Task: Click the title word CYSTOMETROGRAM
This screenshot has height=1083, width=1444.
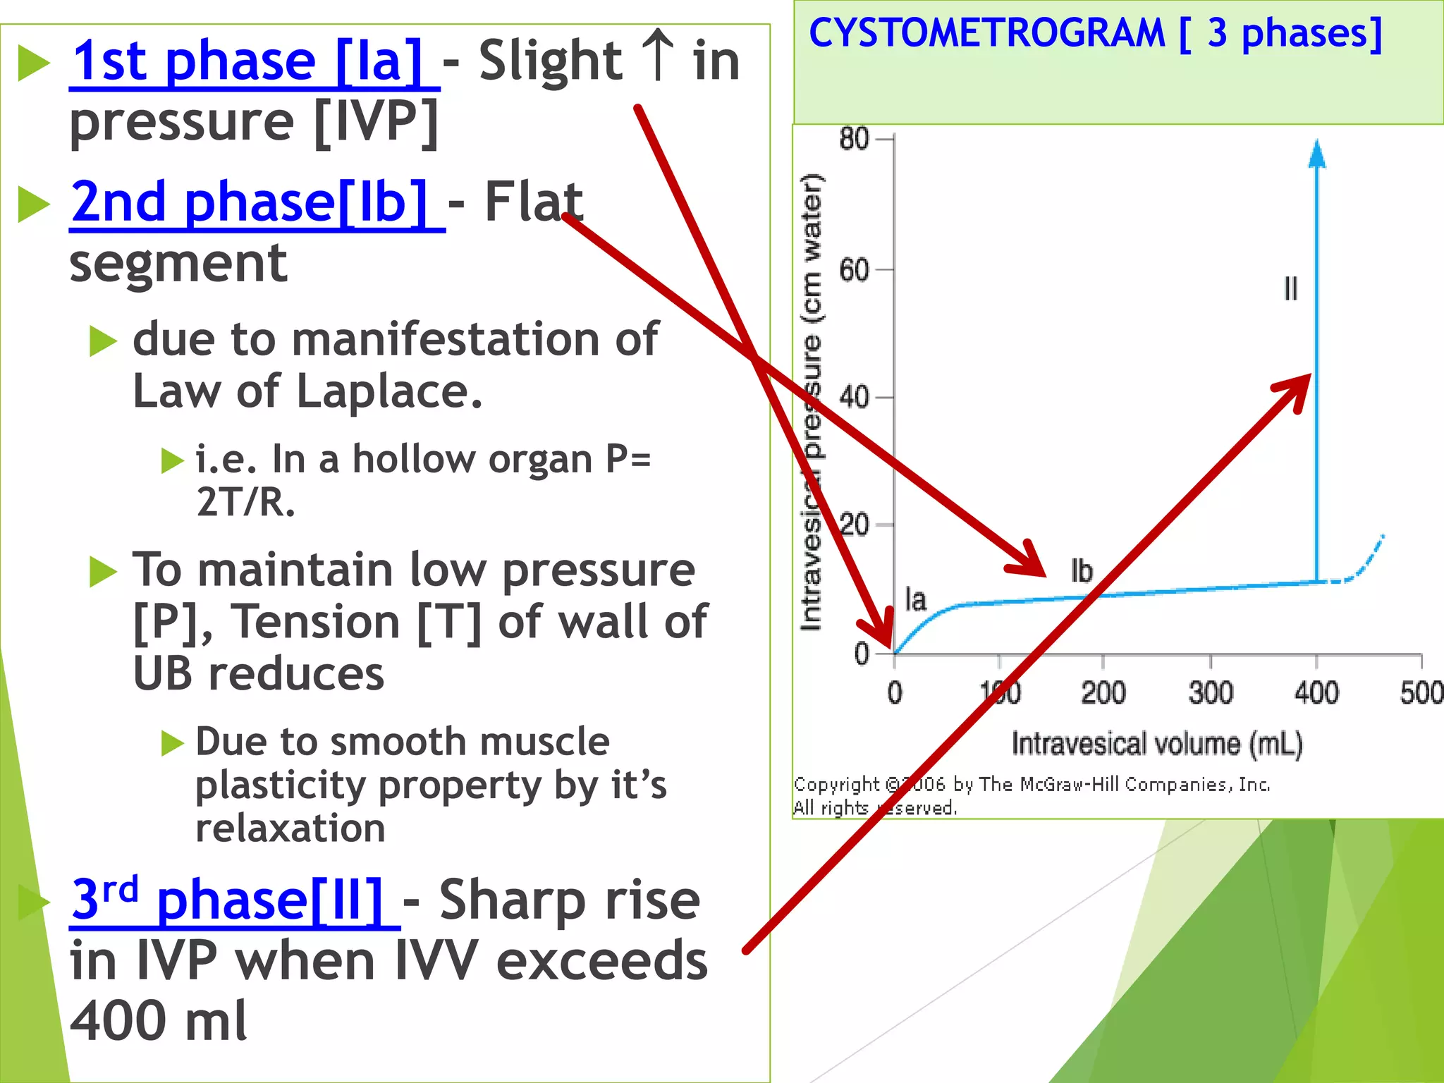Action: (986, 33)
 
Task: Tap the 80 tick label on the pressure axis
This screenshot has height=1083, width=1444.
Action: (854, 139)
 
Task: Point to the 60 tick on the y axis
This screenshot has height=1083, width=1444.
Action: (854, 269)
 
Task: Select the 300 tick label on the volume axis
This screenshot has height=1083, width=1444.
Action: (1211, 693)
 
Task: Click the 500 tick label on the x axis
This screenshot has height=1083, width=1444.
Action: (1420, 693)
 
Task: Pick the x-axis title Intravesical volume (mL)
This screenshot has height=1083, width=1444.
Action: (1157, 744)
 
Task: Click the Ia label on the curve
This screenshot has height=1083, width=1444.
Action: (915, 600)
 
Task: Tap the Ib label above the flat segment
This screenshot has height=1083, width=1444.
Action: (1082, 571)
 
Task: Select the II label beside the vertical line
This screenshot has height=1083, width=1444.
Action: (1290, 288)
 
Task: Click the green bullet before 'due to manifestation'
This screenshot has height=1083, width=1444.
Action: (103, 342)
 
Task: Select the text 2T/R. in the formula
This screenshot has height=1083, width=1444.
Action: (245, 502)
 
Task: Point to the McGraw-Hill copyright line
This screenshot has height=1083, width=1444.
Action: (1032, 784)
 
